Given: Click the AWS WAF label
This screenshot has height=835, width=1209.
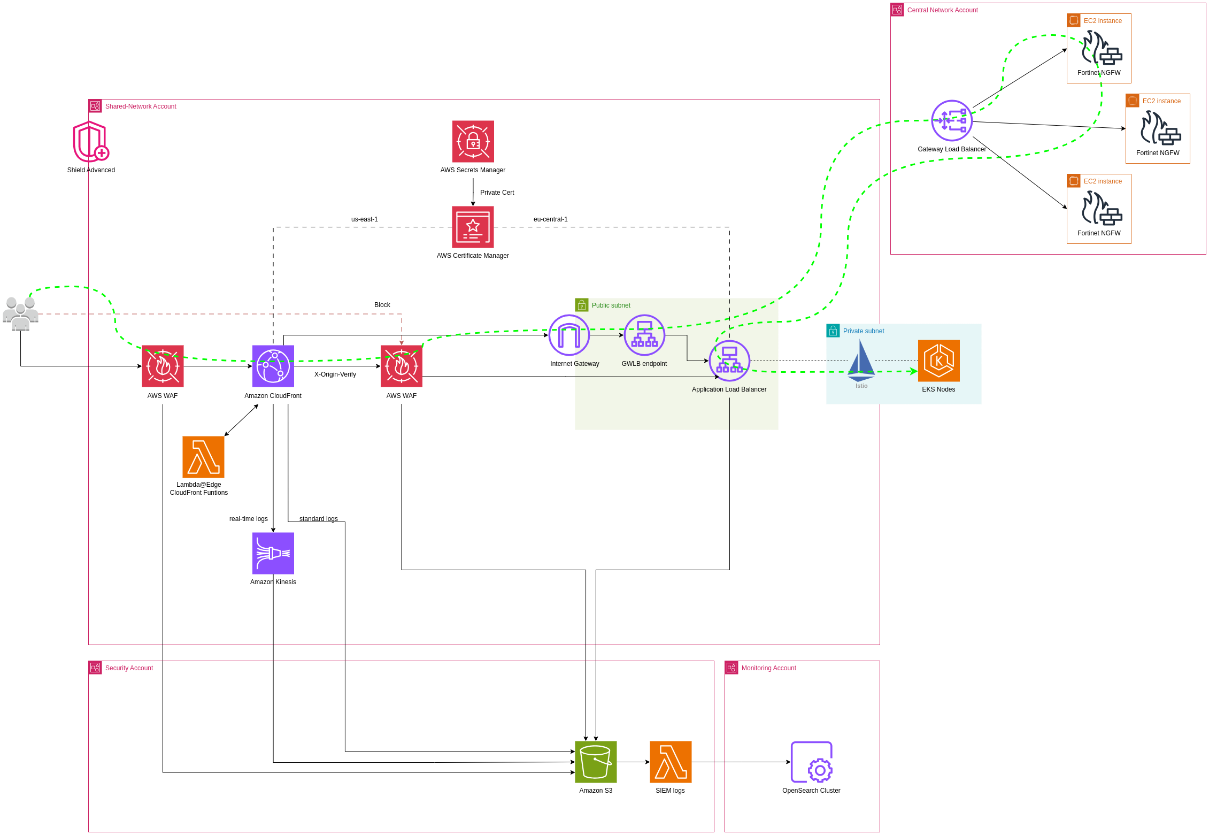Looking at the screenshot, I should point(163,396).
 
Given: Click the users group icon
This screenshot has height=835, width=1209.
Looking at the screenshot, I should point(20,314).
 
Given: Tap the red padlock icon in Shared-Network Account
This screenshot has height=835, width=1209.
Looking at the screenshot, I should point(473,141).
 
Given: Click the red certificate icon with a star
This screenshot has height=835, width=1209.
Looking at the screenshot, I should point(473,227).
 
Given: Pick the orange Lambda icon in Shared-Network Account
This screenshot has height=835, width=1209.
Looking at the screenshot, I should point(203,457).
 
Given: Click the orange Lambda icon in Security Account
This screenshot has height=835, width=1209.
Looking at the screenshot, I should point(671,762).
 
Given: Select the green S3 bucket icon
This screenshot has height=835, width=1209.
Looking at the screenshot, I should point(596,762).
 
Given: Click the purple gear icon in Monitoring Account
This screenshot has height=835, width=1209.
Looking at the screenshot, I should point(811,762).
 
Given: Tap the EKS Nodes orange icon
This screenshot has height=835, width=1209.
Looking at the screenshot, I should point(938,361).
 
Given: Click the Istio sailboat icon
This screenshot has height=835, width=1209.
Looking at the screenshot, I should point(861,361).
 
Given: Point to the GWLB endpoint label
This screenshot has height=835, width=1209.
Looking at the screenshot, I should point(644,364).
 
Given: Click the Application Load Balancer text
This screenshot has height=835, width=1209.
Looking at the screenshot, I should point(729,389).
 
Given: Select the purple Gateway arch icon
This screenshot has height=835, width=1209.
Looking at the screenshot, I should point(569,335).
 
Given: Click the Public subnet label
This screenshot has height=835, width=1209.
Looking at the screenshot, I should point(611,305).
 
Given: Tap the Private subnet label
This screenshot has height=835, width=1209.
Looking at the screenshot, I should point(863,331).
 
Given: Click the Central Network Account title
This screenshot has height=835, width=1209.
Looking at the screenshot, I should point(942,10).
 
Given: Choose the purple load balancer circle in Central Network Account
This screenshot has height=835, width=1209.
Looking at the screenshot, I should point(952,120).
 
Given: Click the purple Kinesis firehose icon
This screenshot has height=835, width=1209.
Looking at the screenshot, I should point(273,553).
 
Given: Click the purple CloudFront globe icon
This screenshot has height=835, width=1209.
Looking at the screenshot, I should point(273,366).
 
